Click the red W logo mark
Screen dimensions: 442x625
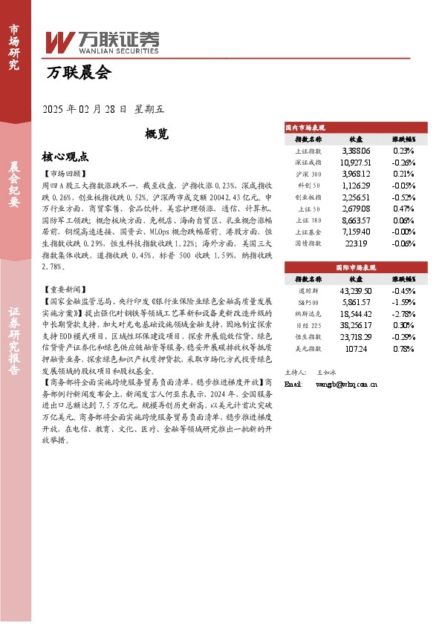pyautogui.click(x=60, y=42)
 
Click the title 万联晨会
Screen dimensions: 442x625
pyautogui.click(x=78, y=73)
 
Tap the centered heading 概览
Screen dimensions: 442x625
pyautogui.click(x=156, y=134)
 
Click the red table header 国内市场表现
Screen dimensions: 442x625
pyautogui.click(x=305, y=128)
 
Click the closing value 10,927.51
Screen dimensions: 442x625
pyautogui.click(x=356, y=162)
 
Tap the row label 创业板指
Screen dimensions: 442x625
pyautogui.click(x=308, y=197)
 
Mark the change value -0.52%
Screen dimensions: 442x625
pyautogui.click(x=403, y=197)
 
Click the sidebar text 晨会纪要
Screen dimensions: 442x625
pyautogui.click(x=14, y=184)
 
